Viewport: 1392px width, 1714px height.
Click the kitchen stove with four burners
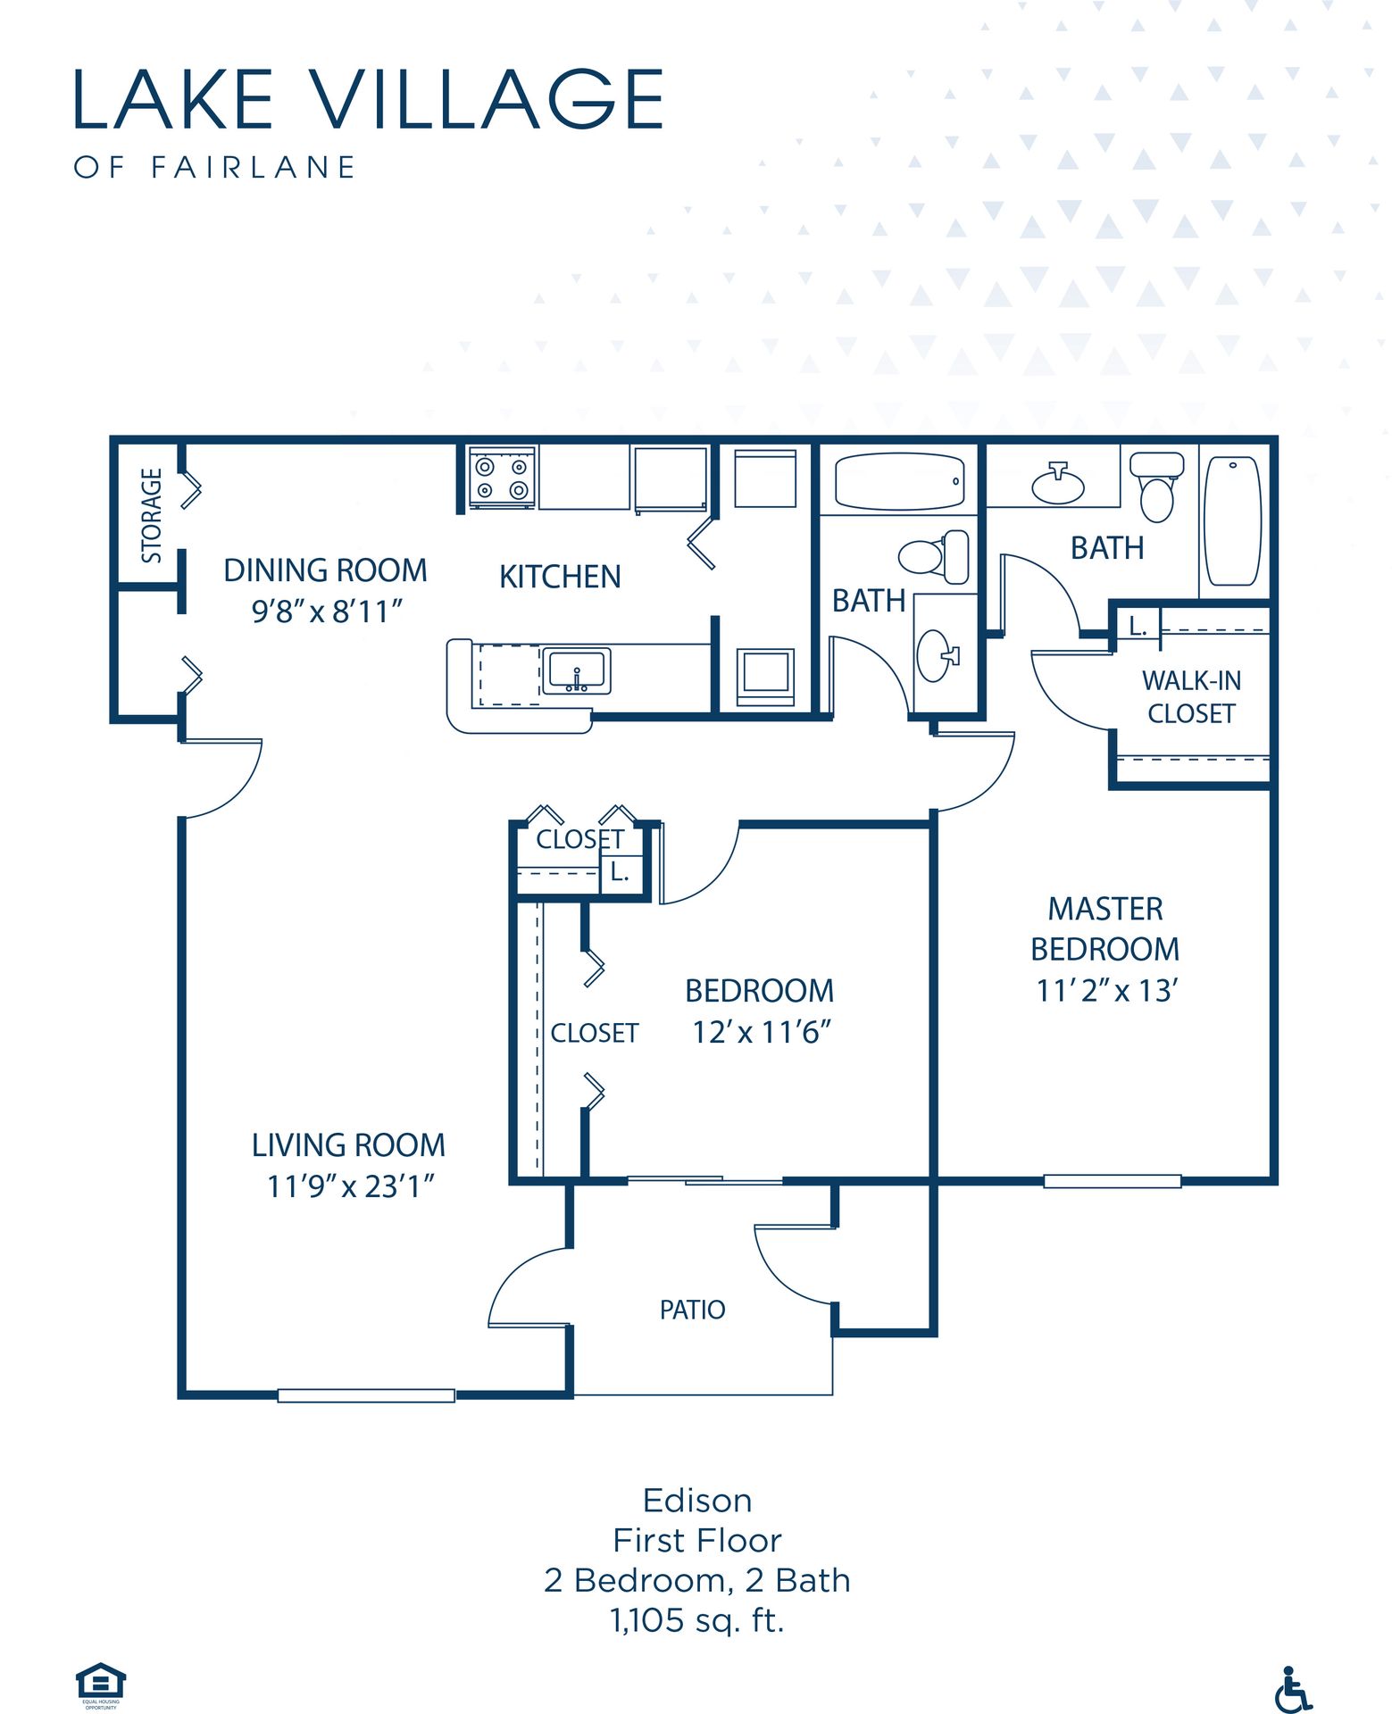(x=502, y=478)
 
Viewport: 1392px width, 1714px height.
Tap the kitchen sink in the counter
(x=577, y=671)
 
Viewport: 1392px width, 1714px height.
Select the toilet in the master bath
(x=1157, y=487)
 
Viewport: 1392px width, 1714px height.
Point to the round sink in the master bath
(x=1058, y=485)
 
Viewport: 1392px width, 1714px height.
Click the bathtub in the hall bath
(x=899, y=482)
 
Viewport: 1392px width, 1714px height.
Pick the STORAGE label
(x=152, y=516)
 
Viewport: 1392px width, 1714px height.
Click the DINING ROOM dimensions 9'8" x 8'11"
(x=327, y=612)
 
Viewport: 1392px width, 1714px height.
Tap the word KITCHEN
(x=560, y=578)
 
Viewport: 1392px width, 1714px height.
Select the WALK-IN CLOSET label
(x=1191, y=697)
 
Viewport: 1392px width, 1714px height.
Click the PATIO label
(x=692, y=1310)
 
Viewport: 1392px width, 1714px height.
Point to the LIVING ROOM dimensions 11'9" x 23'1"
(x=351, y=1186)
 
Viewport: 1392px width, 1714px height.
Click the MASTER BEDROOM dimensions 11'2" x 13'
(x=1107, y=990)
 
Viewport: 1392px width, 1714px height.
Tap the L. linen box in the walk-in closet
(x=1138, y=626)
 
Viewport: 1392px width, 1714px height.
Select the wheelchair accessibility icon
(x=1293, y=1689)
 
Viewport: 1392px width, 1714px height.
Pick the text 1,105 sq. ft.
(x=697, y=1620)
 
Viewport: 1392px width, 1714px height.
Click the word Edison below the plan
(x=697, y=1501)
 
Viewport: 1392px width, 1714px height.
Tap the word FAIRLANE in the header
(x=254, y=167)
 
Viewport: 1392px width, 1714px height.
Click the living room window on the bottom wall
(x=366, y=1395)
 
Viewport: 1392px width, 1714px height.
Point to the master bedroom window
(x=1113, y=1181)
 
